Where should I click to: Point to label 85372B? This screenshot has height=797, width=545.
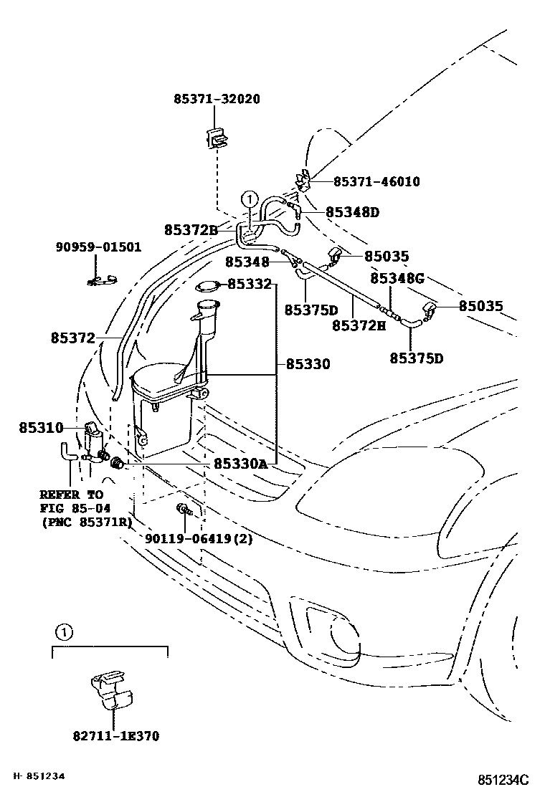[x=191, y=230]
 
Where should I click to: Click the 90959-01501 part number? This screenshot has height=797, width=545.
[x=98, y=247]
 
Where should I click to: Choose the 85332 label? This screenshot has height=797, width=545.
[x=250, y=285]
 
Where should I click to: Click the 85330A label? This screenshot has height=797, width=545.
[x=240, y=464]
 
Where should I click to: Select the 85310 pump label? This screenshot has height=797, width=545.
[x=41, y=428]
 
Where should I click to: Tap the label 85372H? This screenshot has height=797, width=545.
[x=359, y=325]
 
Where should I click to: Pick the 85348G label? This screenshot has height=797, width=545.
[x=397, y=278]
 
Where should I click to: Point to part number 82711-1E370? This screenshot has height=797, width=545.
[x=115, y=735]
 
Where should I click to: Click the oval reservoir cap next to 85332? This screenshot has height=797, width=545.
[x=207, y=287]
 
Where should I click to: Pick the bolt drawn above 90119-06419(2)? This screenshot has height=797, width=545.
[x=183, y=510]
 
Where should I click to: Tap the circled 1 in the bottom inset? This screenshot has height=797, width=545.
[x=64, y=633]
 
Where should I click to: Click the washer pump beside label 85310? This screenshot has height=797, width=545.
[x=93, y=439]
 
